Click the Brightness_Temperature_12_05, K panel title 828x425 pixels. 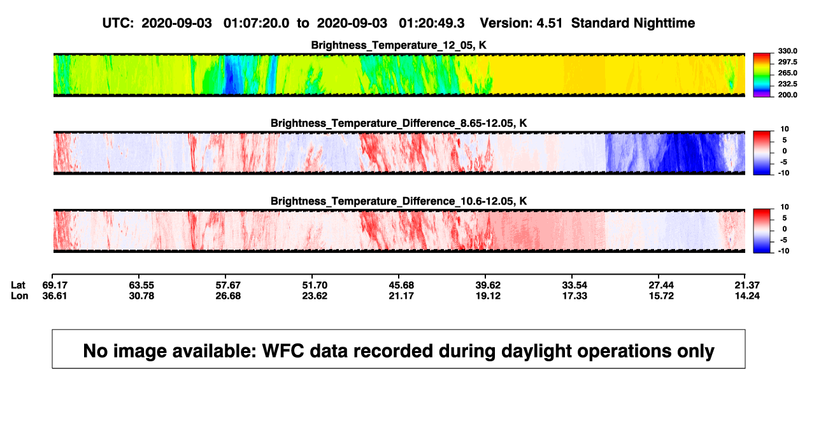point(399,45)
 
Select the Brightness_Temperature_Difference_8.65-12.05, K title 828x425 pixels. point(399,123)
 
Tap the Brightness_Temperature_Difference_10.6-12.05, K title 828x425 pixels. point(399,201)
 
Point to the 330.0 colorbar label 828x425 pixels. point(787,51)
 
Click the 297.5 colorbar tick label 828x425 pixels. point(787,62)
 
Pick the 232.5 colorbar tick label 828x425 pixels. point(787,84)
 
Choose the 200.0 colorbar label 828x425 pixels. point(787,95)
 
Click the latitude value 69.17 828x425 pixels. point(55,285)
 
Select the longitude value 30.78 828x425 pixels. point(141,296)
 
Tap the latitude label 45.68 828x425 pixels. point(401,285)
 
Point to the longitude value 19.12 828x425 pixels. point(488,296)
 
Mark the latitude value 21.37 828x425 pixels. point(747,285)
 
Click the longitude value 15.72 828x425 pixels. point(661,296)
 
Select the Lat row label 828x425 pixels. point(18,285)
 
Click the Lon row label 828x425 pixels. point(20,296)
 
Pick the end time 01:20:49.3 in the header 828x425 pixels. point(431,23)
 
